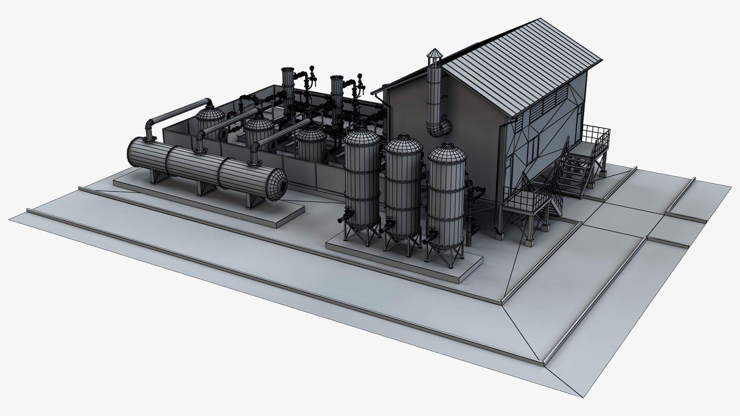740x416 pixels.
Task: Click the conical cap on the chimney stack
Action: coord(434,54)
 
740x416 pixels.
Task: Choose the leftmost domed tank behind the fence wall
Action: coord(210,117)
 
